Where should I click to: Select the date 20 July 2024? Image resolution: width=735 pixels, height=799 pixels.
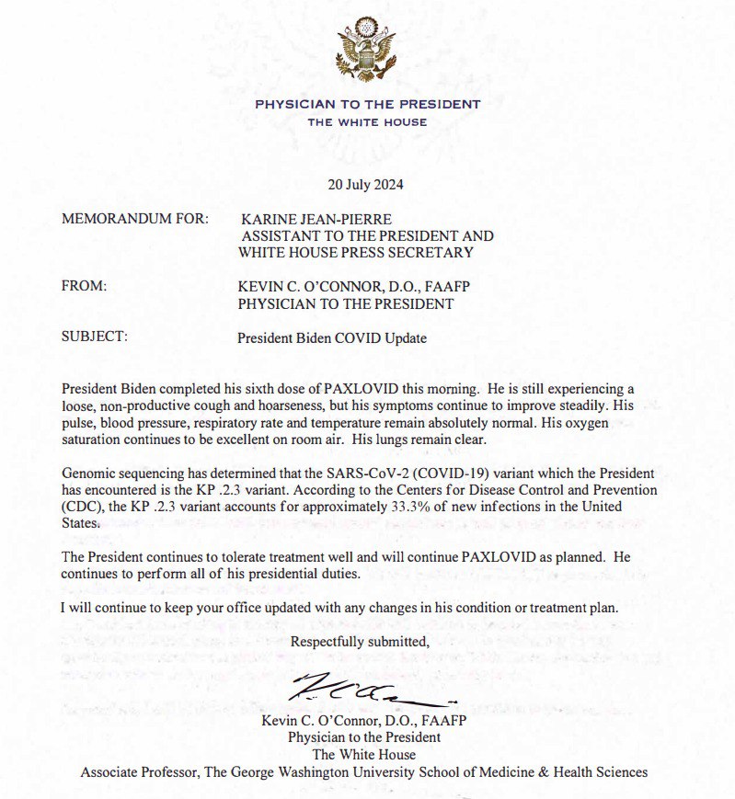(x=365, y=184)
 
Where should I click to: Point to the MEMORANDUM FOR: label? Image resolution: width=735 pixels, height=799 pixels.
(x=135, y=220)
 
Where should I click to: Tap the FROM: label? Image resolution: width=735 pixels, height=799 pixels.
(x=85, y=287)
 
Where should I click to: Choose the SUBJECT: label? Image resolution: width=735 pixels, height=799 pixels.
(x=95, y=337)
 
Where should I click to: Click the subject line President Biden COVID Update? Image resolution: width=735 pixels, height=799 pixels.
(x=332, y=337)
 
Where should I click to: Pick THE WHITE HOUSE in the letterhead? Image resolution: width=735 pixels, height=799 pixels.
(x=367, y=122)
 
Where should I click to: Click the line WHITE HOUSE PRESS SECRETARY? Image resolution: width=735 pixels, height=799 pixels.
(x=356, y=253)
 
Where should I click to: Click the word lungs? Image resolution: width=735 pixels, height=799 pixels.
(x=419, y=439)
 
